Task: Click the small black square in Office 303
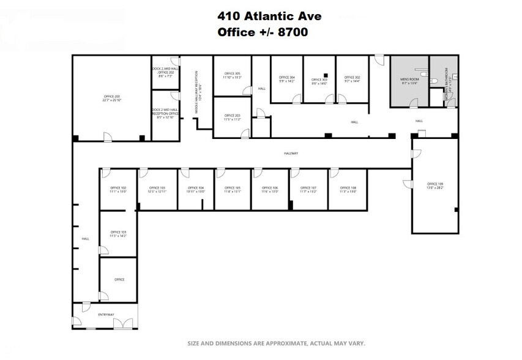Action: [x=326, y=75]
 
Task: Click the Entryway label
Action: [x=106, y=315]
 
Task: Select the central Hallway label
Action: [x=291, y=154]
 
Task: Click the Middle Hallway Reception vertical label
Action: [x=198, y=92]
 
